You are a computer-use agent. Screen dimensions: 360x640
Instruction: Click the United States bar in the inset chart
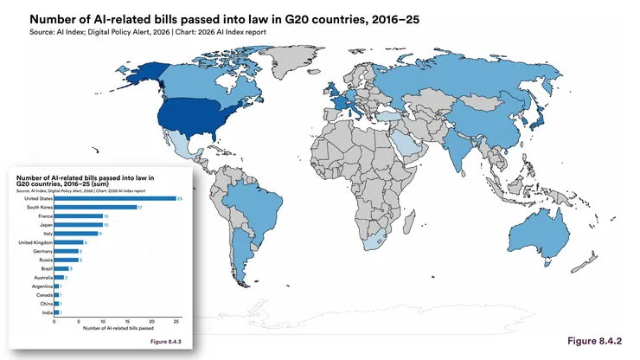[114, 198]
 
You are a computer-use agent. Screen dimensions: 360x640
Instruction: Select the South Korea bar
[95, 207]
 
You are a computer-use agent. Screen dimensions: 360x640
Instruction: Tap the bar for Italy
[75, 233]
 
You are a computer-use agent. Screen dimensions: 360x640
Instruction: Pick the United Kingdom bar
[68, 242]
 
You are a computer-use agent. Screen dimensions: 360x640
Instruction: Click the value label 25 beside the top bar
[179, 198]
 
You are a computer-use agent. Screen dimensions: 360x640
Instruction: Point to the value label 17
[141, 207]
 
